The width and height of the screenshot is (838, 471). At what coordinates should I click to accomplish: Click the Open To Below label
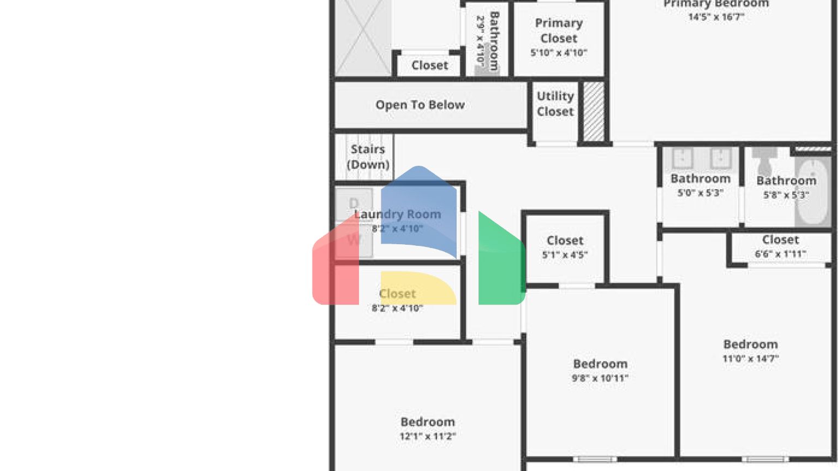pyautogui.click(x=420, y=105)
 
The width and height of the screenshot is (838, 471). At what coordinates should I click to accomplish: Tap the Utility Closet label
pyautogui.click(x=555, y=104)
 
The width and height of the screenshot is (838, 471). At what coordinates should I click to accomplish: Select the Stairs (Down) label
pyautogui.click(x=368, y=156)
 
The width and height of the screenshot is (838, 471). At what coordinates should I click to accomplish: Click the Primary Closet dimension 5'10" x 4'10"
pyautogui.click(x=559, y=53)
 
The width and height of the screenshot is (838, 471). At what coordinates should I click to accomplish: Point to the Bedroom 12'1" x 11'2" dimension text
pyautogui.click(x=428, y=436)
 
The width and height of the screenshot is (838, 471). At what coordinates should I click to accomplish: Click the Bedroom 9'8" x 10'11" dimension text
pyautogui.click(x=600, y=378)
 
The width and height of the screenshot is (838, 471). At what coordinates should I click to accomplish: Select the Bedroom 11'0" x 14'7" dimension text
pyautogui.click(x=751, y=359)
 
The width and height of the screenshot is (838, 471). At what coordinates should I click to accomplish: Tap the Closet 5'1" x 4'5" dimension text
pyautogui.click(x=565, y=255)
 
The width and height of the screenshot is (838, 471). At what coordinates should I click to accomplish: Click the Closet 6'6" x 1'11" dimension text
pyautogui.click(x=780, y=254)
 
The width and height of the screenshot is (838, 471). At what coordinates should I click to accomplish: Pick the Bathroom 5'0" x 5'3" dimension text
pyautogui.click(x=700, y=193)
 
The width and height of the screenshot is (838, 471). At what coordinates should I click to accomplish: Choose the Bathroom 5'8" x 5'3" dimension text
pyautogui.click(x=786, y=195)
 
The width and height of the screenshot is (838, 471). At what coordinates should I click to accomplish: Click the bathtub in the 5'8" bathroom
pyautogui.click(x=813, y=191)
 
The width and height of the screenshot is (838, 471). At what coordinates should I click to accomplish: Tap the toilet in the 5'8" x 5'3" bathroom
pyautogui.click(x=764, y=161)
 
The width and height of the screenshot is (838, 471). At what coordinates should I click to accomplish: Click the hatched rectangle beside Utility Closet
pyautogui.click(x=594, y=111)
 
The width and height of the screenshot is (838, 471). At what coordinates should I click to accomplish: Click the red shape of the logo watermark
pyautogui.click(x=334, y=267)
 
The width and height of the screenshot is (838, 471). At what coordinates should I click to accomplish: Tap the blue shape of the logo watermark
pyautogui.click(x=418, y=210)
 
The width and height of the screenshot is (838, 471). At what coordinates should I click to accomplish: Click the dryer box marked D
pyautogui.click(x=354, y=204)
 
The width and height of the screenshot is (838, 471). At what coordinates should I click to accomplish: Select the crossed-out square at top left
pyautogui.click(x=362, y=38)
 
